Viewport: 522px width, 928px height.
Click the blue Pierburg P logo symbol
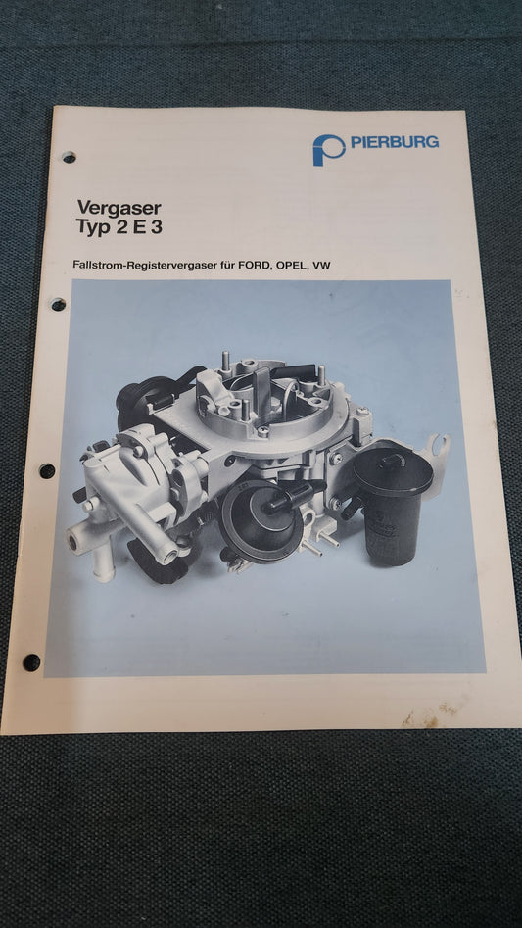(x=329, y=149)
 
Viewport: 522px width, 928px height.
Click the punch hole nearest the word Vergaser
(x=69, y=157)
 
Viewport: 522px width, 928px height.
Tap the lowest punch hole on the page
(x=31, y=662)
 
